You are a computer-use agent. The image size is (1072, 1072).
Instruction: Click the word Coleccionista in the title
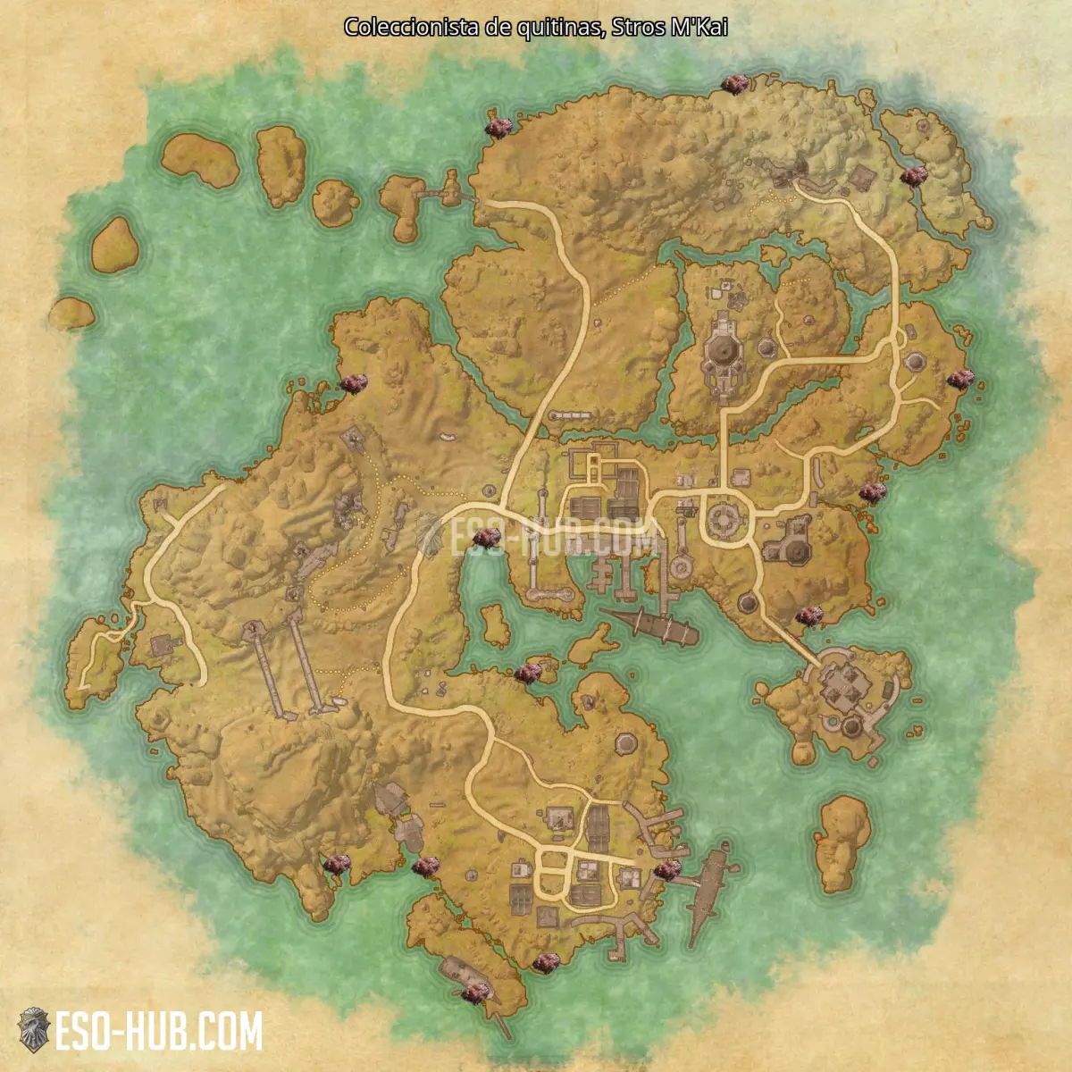point(413,28)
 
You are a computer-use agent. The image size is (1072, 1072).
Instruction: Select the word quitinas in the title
point(558,28)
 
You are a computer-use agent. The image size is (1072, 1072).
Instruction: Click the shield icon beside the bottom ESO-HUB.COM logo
point(34,1030)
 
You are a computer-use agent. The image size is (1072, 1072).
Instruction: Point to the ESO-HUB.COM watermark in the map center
point(554,536)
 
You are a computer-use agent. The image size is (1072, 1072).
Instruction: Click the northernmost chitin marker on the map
point(734,84)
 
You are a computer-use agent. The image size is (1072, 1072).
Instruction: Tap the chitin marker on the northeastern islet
point(913,175)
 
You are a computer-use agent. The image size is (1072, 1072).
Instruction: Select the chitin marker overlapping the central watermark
point(488,537)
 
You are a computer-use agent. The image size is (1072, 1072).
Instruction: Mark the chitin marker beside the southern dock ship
point(666,869)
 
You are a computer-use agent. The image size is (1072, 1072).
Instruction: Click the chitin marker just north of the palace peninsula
point(808,615)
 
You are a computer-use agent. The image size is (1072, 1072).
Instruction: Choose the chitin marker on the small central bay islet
point(528,673)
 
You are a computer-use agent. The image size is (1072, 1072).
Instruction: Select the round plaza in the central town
point(725,518)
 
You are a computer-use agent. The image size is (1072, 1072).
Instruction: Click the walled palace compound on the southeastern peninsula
point(844,692)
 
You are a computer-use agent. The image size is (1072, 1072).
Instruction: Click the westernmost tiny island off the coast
point(72,312)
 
